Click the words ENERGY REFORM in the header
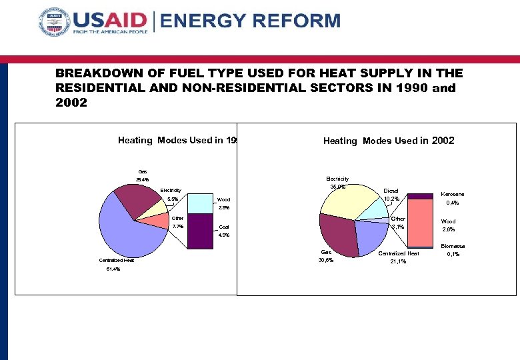click(x=251, y=21)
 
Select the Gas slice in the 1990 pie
click(x=136, y=200)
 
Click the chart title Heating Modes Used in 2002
click(x=389, y=141)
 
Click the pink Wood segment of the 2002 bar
click(x=420, y=223)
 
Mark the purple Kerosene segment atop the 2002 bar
click(x=420, y=196)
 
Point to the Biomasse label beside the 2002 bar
click(x=453, y=246)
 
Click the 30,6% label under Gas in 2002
click(x=325, y=261)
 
